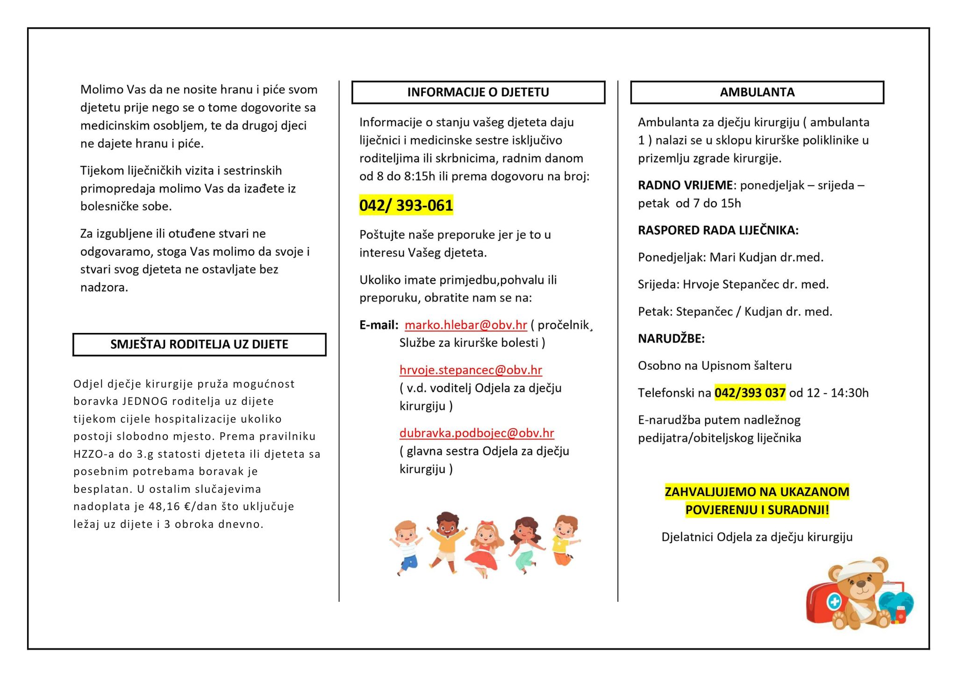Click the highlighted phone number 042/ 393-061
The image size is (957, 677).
tap(406, 205)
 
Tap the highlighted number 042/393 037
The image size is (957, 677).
tap(750, 393)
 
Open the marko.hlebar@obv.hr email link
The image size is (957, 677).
tap(465, 325)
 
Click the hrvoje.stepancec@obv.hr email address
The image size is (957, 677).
tap(471, 370)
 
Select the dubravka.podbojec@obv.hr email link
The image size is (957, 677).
tap(477, 433)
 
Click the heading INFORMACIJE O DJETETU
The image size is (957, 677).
tap(478, 92)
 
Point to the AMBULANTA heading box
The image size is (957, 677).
tap(757, 92)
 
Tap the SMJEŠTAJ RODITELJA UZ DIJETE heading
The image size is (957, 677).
tap(199, 345)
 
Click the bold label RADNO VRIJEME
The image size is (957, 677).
tap(685, 185)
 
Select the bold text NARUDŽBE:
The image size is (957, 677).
tap(671, 338)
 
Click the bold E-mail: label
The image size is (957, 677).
tap(379, 325)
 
